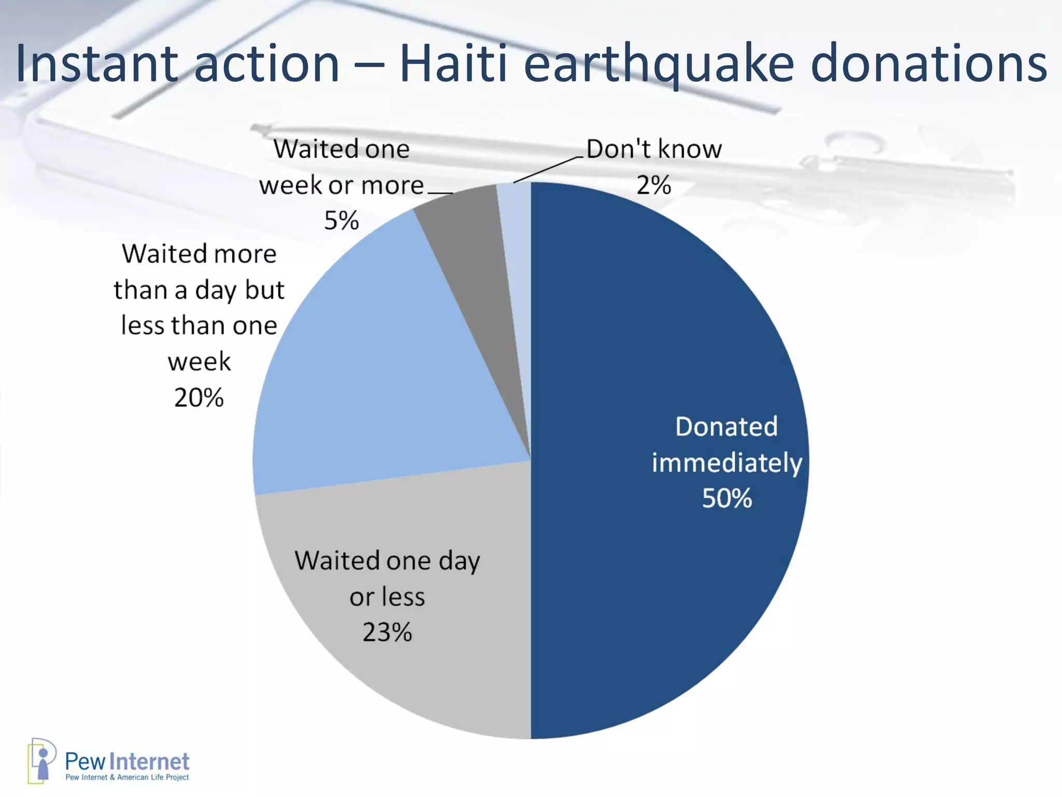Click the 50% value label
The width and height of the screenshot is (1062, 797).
(727, 498)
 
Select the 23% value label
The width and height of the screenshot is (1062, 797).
(387, 633)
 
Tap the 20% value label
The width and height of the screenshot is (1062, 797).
(199, 398)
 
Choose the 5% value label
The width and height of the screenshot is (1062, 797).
(341, 221)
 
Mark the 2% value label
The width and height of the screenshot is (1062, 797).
(653, 185)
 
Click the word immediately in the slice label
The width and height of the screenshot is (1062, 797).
(727, 462)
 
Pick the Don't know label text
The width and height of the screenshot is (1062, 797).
(654, 149)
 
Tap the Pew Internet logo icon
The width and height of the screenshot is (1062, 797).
(41, 761)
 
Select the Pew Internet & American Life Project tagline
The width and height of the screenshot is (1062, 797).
(127, 777)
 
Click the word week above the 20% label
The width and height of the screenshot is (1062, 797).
(199, 362)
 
